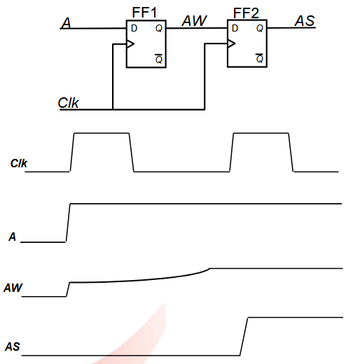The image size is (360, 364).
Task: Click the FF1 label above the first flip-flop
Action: [144, 13]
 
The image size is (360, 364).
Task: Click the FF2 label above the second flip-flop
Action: [246, 13]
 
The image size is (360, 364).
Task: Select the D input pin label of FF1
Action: [134, 29]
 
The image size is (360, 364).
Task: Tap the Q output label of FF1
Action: [159, 29]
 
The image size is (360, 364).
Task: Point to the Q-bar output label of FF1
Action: [159, 59]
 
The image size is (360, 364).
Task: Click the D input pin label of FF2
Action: [235, 28]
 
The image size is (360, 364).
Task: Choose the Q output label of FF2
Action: [260, 28]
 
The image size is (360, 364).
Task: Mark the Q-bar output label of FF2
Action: [260, 58]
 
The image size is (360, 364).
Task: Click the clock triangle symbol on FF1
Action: [130, 43]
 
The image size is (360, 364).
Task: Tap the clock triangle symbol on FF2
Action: [231, 43]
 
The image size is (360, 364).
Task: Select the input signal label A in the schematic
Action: [66, 23]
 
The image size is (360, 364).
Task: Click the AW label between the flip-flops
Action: [194, 21]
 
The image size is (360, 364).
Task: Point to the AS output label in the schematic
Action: [305, 21]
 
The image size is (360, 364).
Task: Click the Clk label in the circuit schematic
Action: [68, 103]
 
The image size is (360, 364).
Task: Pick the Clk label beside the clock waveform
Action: [19, 163]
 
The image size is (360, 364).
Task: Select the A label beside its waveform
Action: [12, 237]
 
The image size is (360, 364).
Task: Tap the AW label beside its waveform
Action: [13, 288]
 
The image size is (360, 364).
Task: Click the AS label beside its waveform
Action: [13, 346]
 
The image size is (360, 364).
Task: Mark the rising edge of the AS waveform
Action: [244, 337]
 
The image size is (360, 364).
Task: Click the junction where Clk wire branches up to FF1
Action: [113, 109]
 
